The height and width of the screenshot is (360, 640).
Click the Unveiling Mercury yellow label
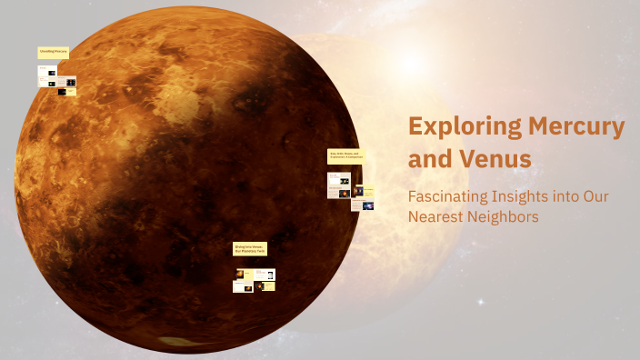point(54,53)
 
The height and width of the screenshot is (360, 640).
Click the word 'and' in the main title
point(426,160)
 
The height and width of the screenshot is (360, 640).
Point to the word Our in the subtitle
point(595,195)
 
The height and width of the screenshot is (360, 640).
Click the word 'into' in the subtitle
point(571,195)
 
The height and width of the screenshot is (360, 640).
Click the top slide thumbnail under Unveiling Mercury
point(47,73)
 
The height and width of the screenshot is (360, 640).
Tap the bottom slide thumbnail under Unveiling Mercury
point(66,92)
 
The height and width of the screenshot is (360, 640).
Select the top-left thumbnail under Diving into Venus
point(242,274)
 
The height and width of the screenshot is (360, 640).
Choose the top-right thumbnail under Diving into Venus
point(267,274)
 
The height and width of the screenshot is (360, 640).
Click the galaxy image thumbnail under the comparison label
point(368,205)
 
